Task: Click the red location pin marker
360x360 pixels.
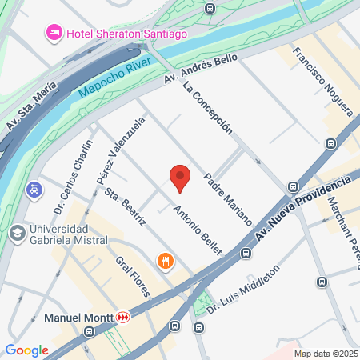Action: [x=181, y=178]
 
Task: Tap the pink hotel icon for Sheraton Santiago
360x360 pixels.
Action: [x=54, y=34]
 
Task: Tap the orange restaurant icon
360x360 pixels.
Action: [x=166, y=261]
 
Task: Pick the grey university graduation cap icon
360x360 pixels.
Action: [x=16, y=233]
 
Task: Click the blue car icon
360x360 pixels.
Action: [x=34, y=190]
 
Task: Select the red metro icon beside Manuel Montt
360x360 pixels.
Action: [x=123, y=318]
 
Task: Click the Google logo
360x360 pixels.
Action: [x=26, y=350]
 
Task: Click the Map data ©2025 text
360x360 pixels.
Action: [x=326, y=354]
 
